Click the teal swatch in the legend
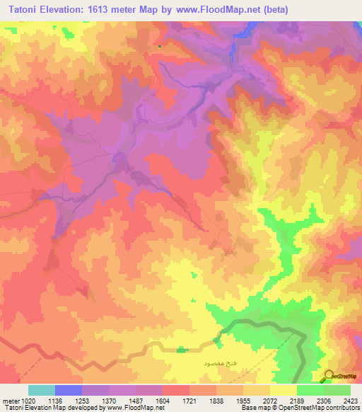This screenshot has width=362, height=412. click(41, 390)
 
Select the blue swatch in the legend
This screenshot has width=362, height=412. click(69, 390)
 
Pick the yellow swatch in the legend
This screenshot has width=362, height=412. click(284, 390)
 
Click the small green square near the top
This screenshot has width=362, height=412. click(160, 47)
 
